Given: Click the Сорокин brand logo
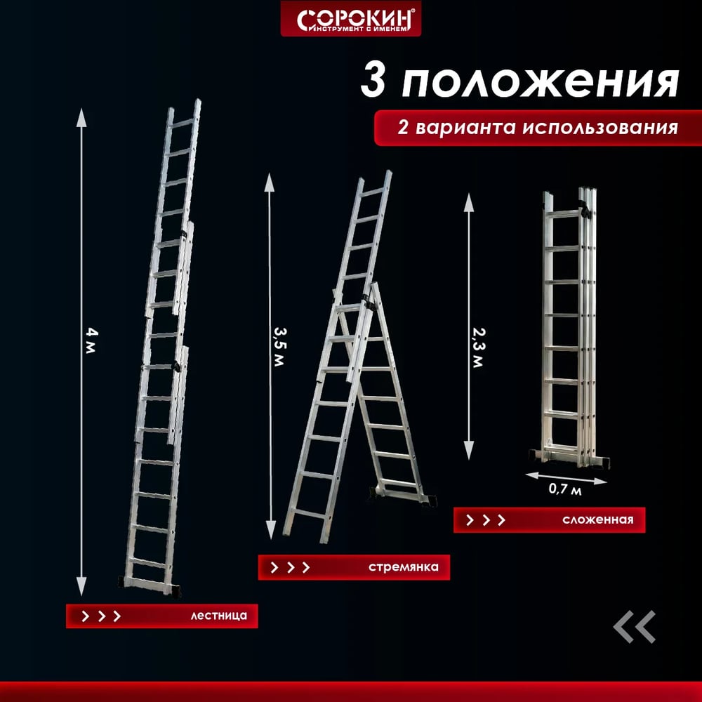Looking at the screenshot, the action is coord(350,19).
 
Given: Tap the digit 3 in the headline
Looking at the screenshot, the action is coord(373,80).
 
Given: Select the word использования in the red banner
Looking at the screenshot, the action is coord(600,128).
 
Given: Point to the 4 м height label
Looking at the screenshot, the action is coord(91,340).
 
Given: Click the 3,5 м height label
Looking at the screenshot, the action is coord(279,347).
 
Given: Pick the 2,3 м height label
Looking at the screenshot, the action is coord(479,348).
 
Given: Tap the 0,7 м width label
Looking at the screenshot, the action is coord(565,489).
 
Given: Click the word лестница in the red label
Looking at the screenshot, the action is coord(218,616).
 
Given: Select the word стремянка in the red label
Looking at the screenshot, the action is coord(404,567).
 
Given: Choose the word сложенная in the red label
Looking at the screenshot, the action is coord(598,519).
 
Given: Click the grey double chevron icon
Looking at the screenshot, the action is coord(635,627).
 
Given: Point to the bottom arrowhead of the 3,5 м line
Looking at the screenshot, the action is coord(270,529).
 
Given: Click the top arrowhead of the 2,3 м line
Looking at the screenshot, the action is coord(469,202).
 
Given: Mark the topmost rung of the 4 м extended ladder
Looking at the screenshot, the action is coord(183,123).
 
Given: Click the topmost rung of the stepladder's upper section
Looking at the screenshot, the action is coord(373,192).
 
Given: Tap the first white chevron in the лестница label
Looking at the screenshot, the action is coord(85,616).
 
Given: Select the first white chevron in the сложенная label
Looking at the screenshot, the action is coord(470,519).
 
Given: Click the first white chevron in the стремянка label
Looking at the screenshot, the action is coord(274,567).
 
